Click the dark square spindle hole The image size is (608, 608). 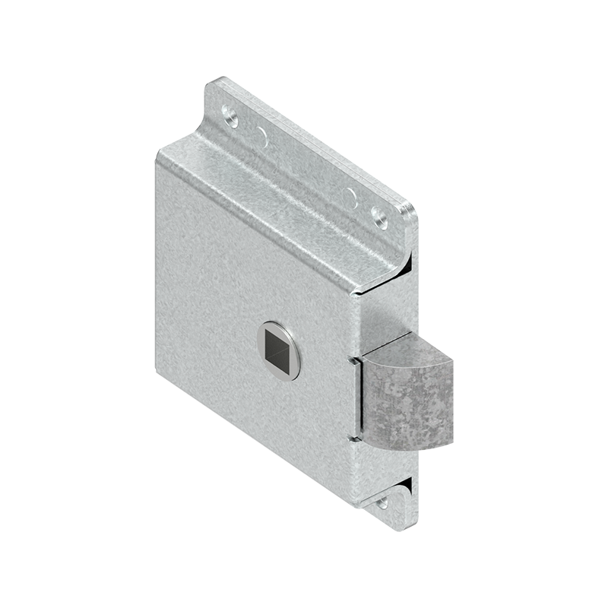coord(280,350)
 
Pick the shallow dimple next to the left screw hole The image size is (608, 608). coord(261,138)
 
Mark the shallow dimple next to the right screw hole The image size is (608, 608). coord(350,199)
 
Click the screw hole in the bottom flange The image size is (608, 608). coord(382,502)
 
